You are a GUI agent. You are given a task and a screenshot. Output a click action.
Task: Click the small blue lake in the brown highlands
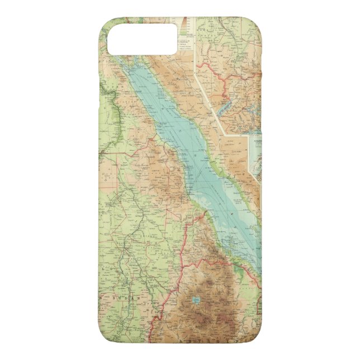click(195, 302)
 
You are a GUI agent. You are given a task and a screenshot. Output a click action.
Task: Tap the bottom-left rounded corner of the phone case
click(106, 335)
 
